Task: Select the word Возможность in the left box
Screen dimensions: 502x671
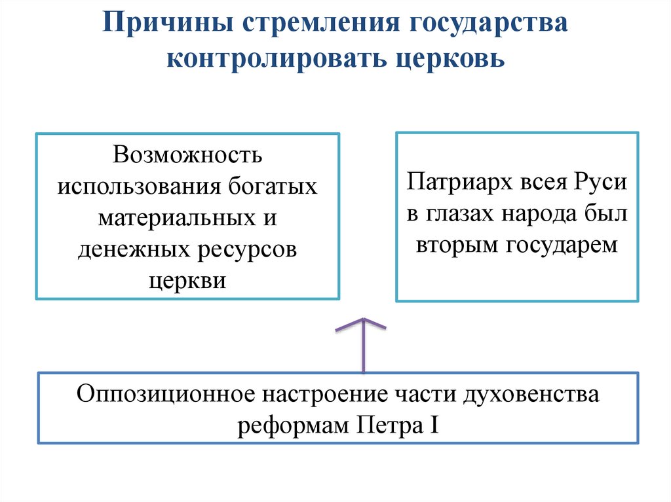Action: coord(187,155)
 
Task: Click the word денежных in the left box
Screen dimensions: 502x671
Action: coord(132,249)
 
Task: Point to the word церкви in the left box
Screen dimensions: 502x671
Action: coord(187,279)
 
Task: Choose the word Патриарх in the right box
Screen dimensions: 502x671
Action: coord(450,181)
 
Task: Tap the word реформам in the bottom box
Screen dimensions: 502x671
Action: coord(292,426)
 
